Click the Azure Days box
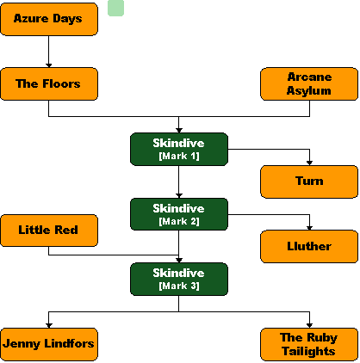[x=49, y=19]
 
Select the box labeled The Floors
[x=49, y=84]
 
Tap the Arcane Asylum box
[x=309, y=84]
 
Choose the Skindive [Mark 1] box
[x=179, y=149]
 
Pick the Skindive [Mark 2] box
[x=179, y=214]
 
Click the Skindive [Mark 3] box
[x=179, y=279]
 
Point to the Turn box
[x=309, y=181]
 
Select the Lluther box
[x=309, y=246]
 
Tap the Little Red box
[x=49, y=231]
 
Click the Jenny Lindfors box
[x=49, y=344]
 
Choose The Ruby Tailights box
[x=309, y=344]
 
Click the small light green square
[x=115, y=8]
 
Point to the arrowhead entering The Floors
[x=49, y=65]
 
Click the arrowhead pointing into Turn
[x=309, y=163]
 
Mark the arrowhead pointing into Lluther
[x=309, y=228]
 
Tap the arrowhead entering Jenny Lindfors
[x=49, y=326]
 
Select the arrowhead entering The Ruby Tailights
[x=309, y=326]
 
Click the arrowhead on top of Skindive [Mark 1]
[x=179, y=131]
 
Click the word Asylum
[x=309, y=91]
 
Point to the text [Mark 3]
[x=179, y=286]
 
